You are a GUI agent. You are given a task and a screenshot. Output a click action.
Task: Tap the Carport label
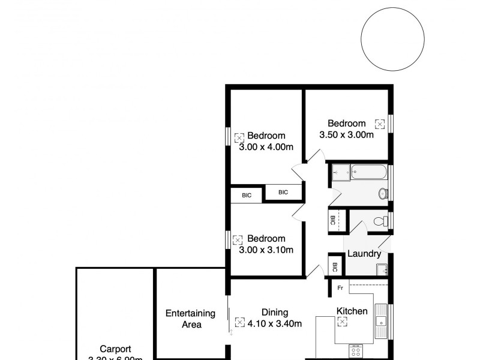pos(115,349)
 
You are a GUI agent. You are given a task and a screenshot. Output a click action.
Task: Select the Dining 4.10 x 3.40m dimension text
pos(275,324)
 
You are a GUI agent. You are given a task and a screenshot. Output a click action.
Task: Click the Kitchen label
pos(352,311)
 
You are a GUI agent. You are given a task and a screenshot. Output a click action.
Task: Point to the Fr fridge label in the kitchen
pos(340,288)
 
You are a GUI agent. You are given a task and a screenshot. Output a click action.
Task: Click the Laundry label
pos(364,254)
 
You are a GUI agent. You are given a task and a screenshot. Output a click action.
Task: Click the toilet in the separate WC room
pos(380,221)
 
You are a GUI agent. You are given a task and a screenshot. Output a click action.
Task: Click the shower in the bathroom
pos(340,172)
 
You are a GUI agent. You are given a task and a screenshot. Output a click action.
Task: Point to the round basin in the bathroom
pos(382,193)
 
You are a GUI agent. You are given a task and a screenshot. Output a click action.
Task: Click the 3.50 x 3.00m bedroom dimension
pos(347,134)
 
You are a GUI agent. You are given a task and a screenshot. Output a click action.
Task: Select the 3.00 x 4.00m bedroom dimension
pos(266,147)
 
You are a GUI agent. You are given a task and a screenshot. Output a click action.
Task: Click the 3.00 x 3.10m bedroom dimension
pos(266,250)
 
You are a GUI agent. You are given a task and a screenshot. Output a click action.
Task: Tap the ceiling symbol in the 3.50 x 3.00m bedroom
pos(379,124)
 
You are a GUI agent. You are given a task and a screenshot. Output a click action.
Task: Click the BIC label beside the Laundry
pos(335,267)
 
